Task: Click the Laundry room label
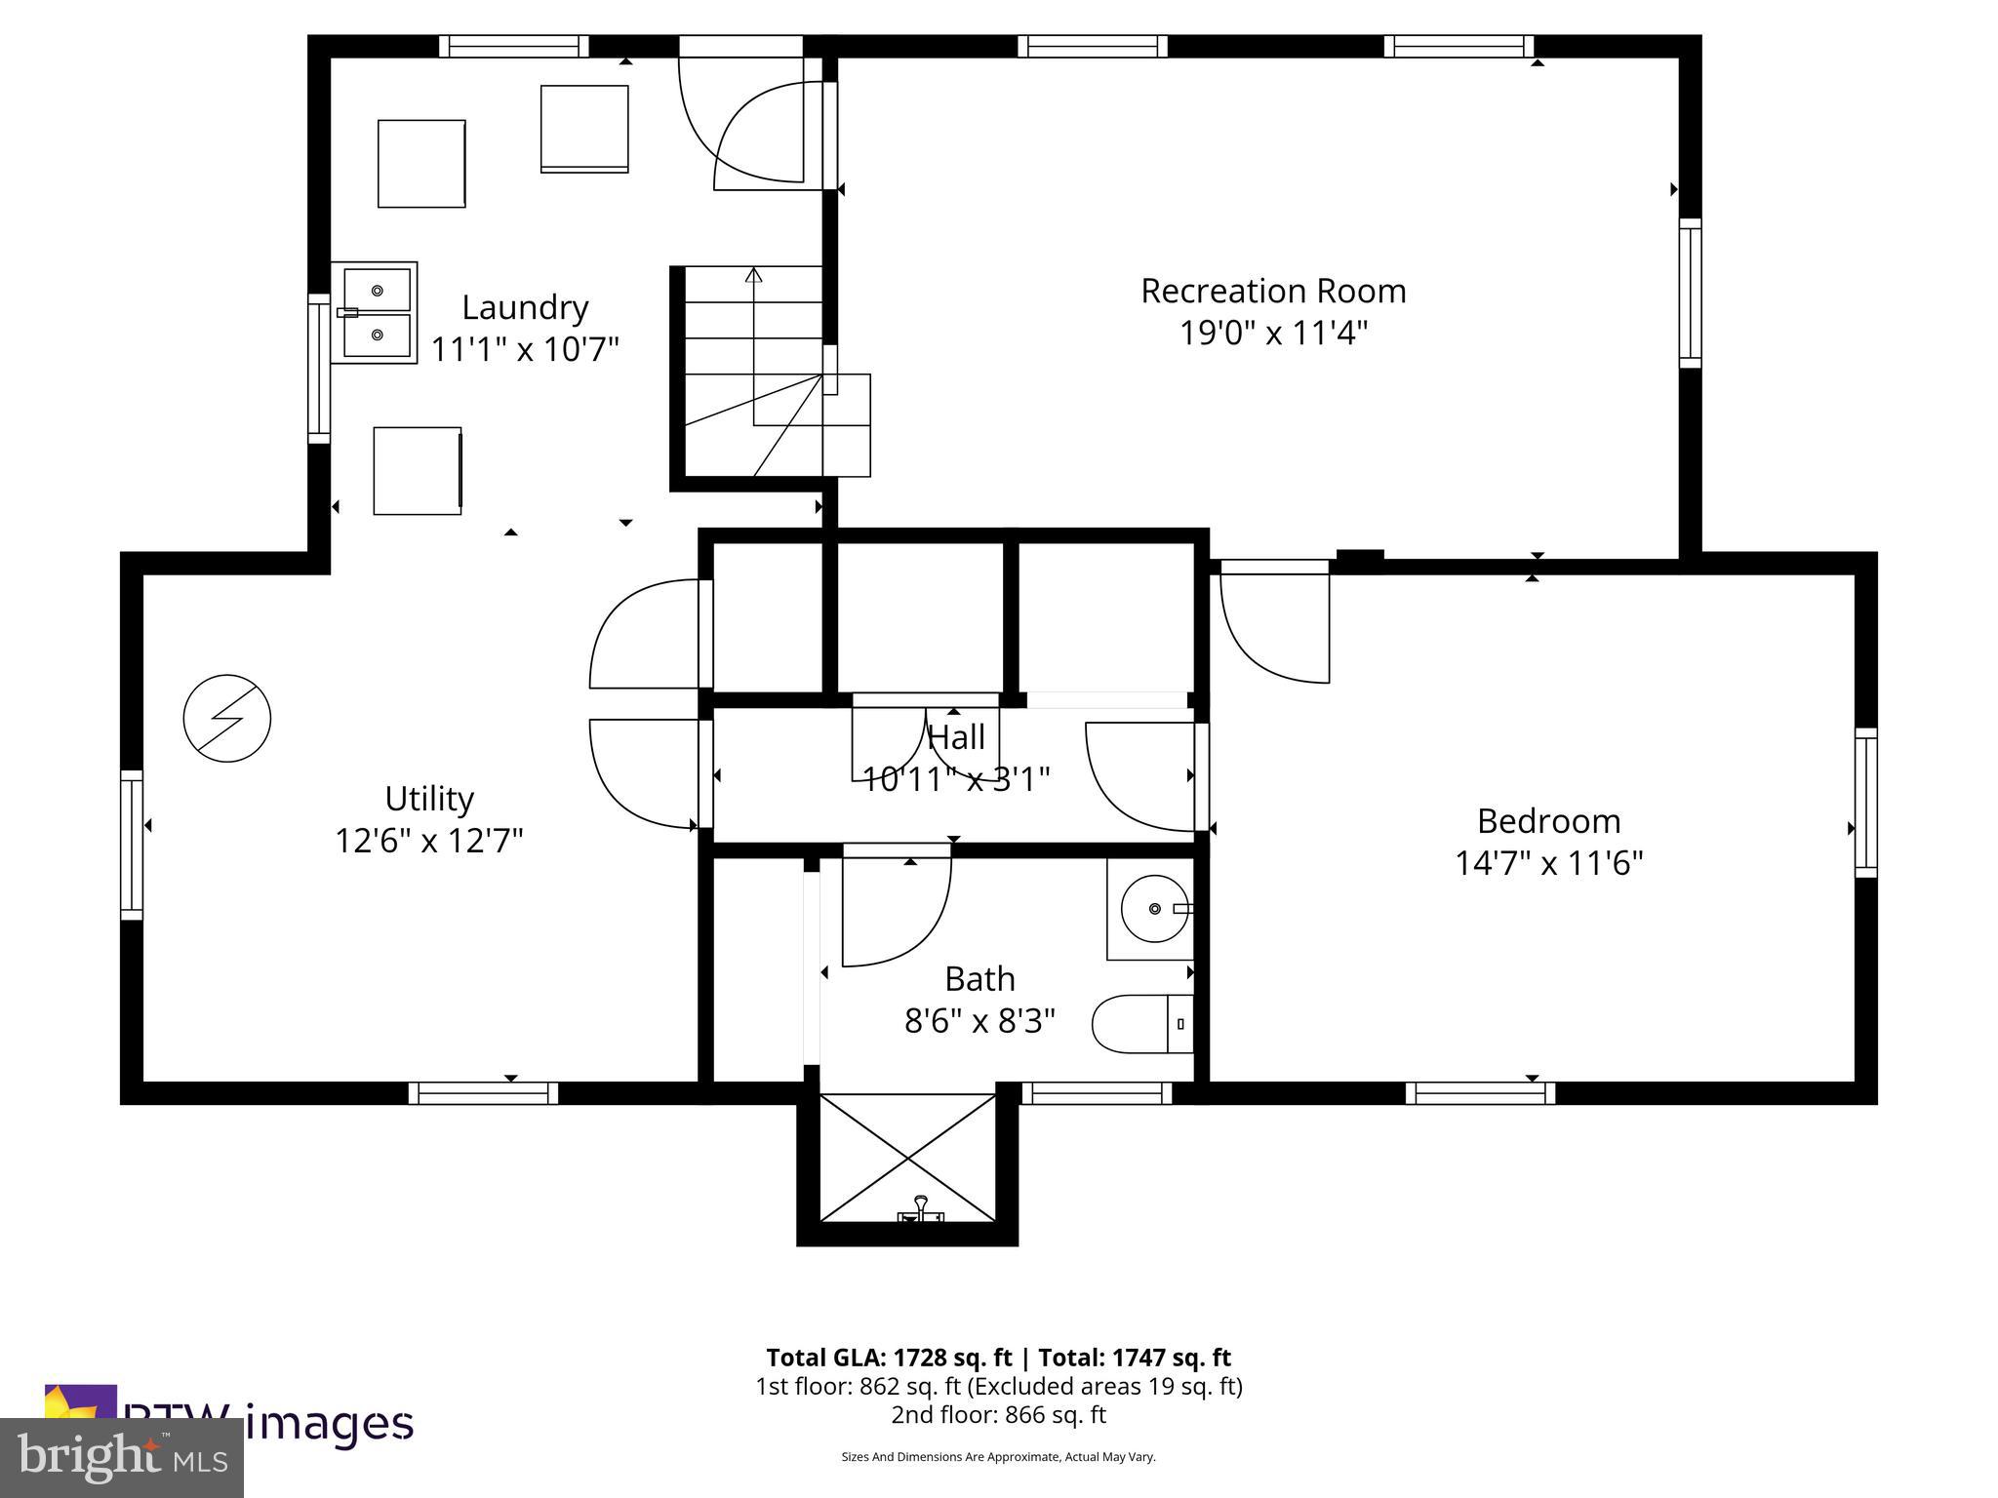pos(525,308)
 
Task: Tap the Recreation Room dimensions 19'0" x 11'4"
pos(1273,334)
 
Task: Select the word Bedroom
pos(1548,821)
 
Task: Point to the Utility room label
pos(429,799)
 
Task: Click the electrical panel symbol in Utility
pos(227,718)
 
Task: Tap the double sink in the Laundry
pos(376,313)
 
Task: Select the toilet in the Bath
pos(1141,1024)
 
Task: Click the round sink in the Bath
pos(1153,908)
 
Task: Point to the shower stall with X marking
pos(907,1158)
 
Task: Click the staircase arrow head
pos(753,276)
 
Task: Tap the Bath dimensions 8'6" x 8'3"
pos(979,1021)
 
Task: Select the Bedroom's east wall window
pos(1865,802)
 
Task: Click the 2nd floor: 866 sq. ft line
pos(998,1414)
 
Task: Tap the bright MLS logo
pos(122,1457)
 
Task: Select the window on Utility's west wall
pos(131,845)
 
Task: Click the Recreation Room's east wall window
pos(1690,293)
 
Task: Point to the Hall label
pos(956,737)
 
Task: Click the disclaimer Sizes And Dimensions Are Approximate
pos(998,1457)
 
